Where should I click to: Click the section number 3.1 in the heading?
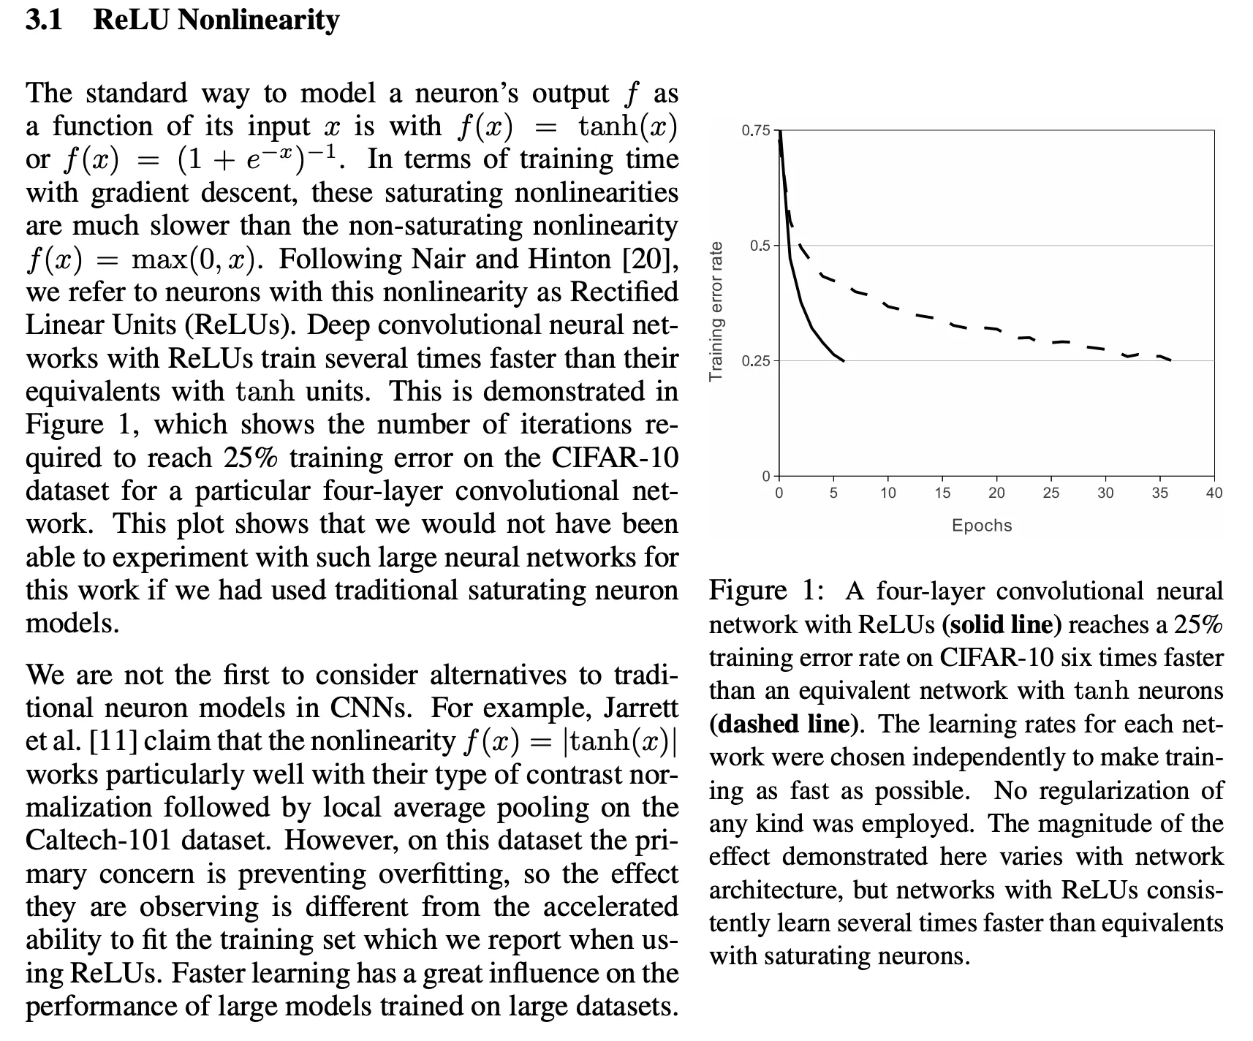(x=44, y=20)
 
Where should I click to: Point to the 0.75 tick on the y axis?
(x=755, y=131)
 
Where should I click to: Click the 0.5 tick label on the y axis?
(x=760, y=246)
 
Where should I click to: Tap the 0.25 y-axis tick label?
(x=755, y=361)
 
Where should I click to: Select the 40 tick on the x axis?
(x=1214, y=493)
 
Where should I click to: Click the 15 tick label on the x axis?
(x=942, y=493)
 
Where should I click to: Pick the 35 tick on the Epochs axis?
(x=1159, y=493)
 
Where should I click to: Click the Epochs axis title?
(x=982, y=526)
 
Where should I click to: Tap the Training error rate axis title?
(x=716, y=311)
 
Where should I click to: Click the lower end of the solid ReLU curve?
(x=843, y=360)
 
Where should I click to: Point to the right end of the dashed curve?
(x=1171, y=360)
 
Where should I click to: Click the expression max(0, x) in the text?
(x=194, y=260)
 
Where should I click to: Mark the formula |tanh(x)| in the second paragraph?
(x=618, y=741)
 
